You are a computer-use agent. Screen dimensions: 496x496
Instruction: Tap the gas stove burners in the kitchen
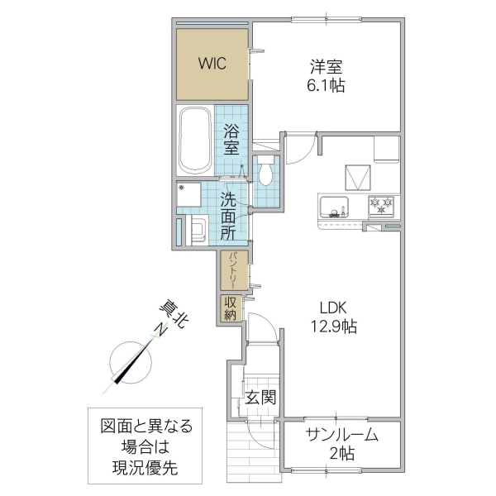click(x=382, y=203)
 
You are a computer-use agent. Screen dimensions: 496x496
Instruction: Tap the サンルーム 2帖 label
click(x=341, y=443)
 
